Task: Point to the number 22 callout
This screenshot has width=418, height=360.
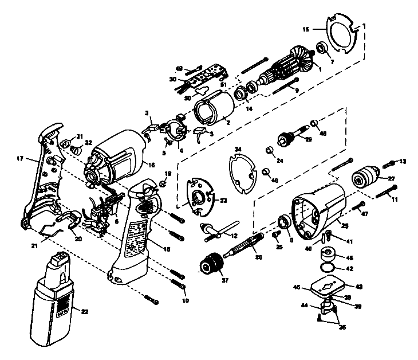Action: click(85, 312)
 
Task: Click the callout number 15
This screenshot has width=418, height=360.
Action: click(306, 28)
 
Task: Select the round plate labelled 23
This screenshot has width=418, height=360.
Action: click(200, 198)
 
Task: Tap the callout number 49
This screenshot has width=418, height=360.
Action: click(179, 68)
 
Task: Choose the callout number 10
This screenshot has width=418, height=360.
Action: click(184, 300)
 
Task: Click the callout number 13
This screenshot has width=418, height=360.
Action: click(403, 161)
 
